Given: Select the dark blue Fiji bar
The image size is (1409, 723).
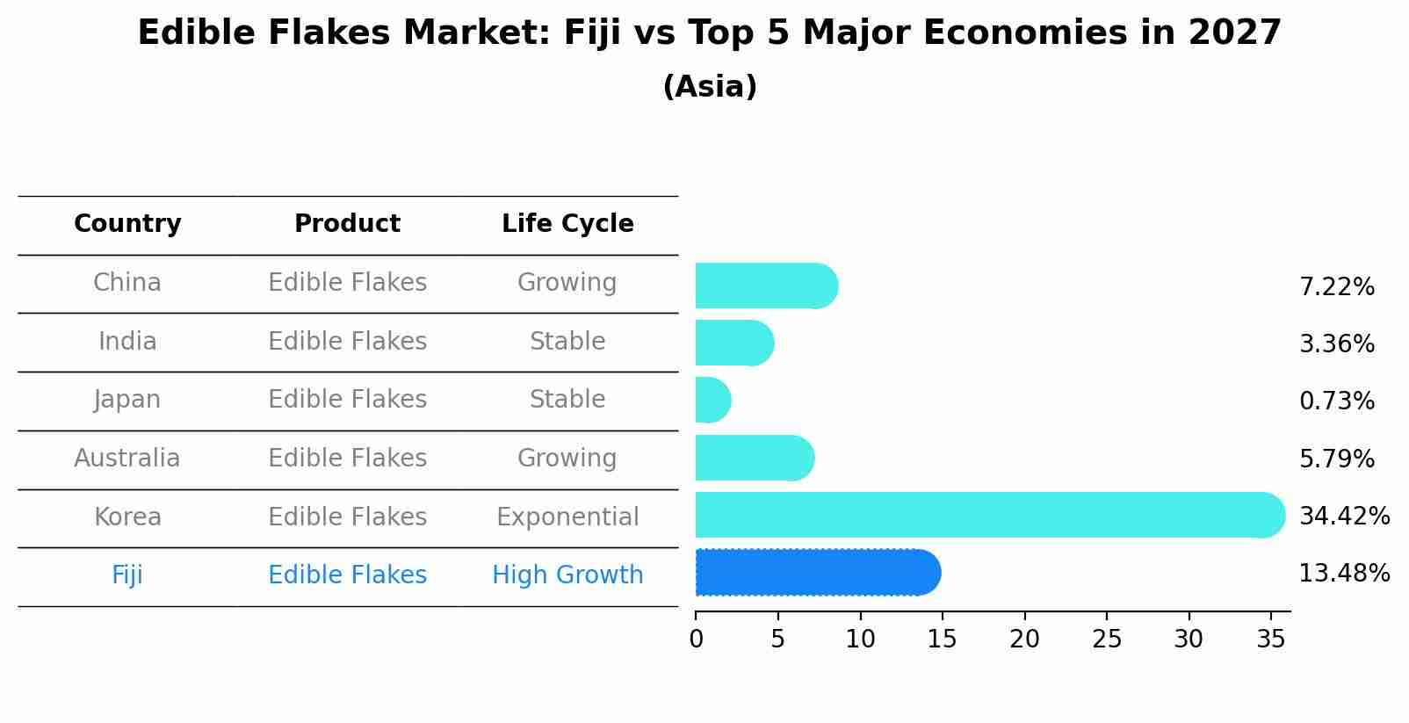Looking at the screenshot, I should pos(817,573).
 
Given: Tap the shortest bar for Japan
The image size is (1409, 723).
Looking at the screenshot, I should pos(712,401).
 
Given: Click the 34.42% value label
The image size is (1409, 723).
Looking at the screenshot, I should pos(1344,517).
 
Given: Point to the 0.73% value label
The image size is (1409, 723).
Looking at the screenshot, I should pos(1336,401).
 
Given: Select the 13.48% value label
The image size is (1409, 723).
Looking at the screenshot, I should pos(1344,574).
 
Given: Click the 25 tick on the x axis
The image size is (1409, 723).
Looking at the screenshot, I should pos(1107,640).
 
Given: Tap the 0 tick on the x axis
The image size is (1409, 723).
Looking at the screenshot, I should pos(696,640).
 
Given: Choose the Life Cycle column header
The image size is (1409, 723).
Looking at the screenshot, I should pos(567,224).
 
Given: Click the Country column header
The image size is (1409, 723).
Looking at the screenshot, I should pos(127,224).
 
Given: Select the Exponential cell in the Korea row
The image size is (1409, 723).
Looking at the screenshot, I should pos(567,517).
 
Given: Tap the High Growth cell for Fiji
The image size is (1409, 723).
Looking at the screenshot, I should pos(567,575).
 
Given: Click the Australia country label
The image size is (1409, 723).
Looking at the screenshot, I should pos(127,459).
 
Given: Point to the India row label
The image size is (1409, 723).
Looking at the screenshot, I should pos(127,342).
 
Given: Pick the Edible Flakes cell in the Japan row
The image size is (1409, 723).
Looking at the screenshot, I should pos(347,400).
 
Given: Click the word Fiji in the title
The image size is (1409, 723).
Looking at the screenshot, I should pos(586,33).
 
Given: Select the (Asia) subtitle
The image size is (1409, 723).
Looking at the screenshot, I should pos(710,87).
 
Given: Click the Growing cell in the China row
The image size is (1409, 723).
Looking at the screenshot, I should pos(567,283).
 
